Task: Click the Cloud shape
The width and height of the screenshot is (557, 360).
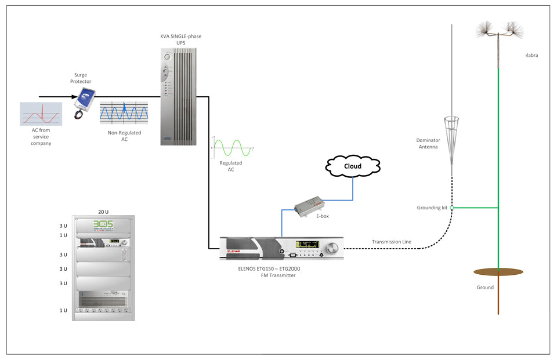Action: [x=352, y=166]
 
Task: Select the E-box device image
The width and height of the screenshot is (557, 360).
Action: [x=309, y=206]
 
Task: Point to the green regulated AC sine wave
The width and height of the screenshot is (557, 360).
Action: [x=232, y=148]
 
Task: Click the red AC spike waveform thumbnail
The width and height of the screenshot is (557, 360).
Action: [x=41, y=114]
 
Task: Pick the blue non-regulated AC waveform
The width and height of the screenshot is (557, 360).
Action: [x=124, y=112]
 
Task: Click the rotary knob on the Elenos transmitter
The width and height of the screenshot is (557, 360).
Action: [x=333, y=249]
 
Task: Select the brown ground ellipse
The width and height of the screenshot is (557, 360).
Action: [x=498, y=271]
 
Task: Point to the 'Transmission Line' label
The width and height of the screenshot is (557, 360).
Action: [x=392, y=241]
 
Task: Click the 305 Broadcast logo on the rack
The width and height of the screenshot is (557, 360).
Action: [x=103, y=225]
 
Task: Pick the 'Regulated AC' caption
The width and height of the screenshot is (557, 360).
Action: [x=231, y=166]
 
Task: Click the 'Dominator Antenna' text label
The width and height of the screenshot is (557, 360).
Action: [x=428, y=144]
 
